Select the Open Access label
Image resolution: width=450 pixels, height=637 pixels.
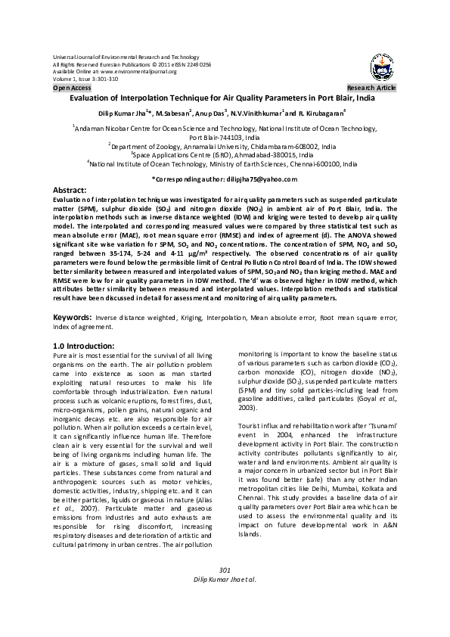(x=72, y=89)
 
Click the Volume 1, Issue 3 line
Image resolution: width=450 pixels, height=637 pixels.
(x=85, y=79)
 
